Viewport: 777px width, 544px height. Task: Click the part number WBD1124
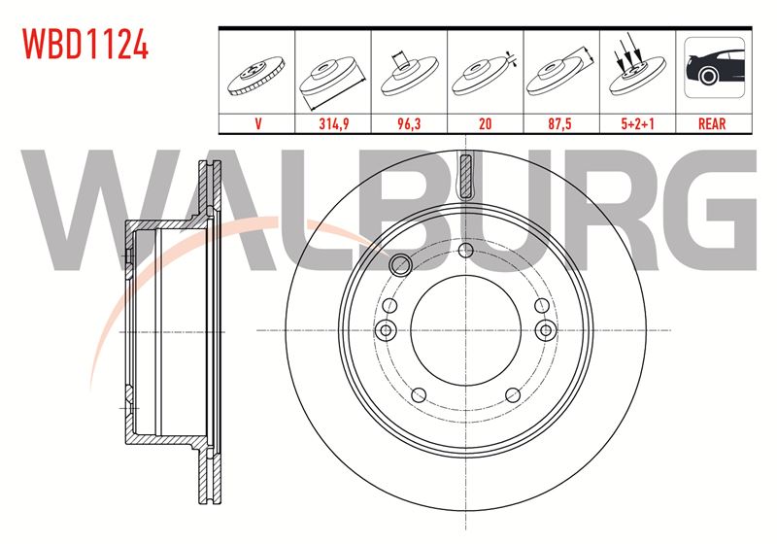85,44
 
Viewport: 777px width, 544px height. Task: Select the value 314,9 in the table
333,124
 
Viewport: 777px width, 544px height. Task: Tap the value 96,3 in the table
409,124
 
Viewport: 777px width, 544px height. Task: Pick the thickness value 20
485,124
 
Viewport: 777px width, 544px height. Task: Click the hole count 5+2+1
637,124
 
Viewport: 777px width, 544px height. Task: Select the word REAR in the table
712,124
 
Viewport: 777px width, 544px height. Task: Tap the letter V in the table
257,124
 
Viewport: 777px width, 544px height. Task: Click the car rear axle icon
714,67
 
